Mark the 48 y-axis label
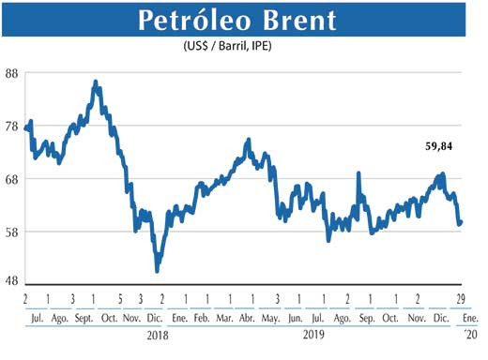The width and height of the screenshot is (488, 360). (x=13, y=282)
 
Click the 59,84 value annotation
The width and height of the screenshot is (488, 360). (x=435, y=146)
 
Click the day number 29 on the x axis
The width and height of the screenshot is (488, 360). (x=461, y=299)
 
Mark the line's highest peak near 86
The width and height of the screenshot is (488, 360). (x=96, y=82)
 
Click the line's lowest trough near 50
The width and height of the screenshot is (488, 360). (x=157, y=270)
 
